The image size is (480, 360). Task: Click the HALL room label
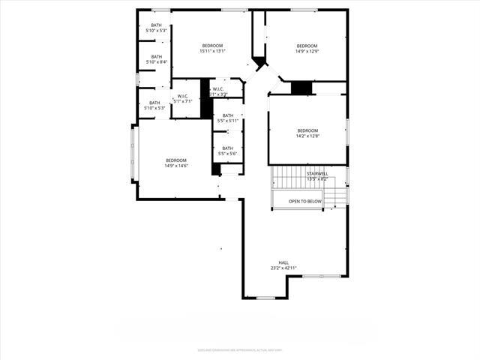283,262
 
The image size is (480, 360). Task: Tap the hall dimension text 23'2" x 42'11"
283,268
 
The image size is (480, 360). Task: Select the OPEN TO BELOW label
305,202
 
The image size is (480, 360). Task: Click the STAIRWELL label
317,174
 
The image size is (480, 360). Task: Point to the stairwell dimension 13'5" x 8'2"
317,179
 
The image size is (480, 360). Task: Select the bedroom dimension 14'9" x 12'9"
307,51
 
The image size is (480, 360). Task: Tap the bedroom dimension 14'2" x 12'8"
307,136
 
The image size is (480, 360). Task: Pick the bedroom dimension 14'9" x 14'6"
176,165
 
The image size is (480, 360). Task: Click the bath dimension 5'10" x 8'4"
156,61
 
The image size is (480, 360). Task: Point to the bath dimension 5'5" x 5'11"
227,121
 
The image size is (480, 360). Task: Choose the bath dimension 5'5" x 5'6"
227,154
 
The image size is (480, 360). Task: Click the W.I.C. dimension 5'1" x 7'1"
183,100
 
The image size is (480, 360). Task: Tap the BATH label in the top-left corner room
156,25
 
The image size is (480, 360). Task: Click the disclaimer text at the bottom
240,349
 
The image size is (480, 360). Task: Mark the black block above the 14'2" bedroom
301,88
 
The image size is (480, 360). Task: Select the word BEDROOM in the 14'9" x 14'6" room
176,160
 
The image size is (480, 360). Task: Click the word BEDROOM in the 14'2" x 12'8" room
307,130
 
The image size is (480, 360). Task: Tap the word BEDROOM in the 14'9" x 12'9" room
307,46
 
